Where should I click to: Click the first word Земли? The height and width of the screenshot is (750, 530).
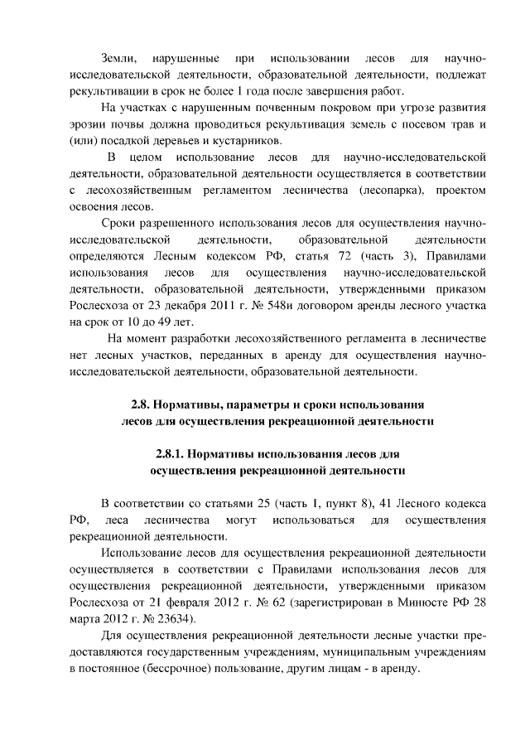118,58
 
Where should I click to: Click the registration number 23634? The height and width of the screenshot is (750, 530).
175,619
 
